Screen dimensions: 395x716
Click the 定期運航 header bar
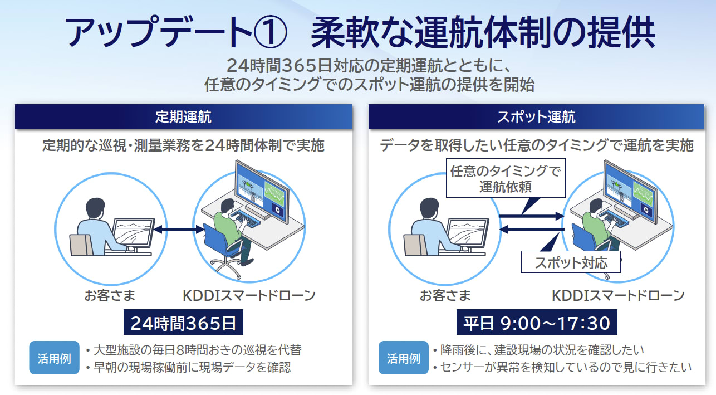pyautogui.click(x=183, y=117)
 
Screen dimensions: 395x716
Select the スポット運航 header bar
pyautogui.click(x=536, y=117)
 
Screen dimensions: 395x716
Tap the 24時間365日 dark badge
pyautogui.click(x=183, y=323)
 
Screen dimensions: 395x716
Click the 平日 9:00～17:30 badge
pyautogui.click(x=536, y=323)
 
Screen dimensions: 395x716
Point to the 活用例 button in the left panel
pyautogui.click(x=54, y=358)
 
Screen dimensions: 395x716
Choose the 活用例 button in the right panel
pyautogui.click(x=403, y=358)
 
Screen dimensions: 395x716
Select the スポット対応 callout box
pyautogui.click(x=571, y=262)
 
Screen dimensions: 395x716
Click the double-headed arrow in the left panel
pyautogui.click(x=179, y=229)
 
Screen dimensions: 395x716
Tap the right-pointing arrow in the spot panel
pyautogui.click(x=531, y=216)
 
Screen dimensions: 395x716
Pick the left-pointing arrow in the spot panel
pyautogui.click(x=531, y=229)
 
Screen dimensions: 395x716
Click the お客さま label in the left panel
pyautogui.click(x=110, y=295)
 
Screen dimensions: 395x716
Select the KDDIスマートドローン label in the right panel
pyautogui.click(x=618, y=295)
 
